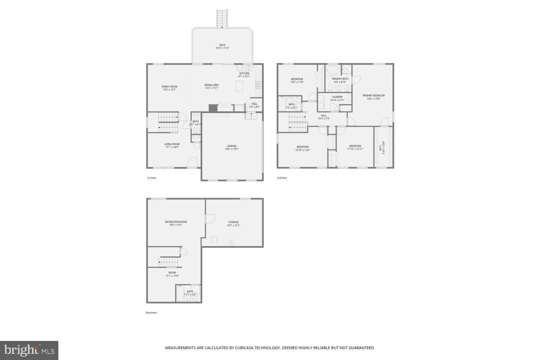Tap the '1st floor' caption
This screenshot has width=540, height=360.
[x=152, y=178]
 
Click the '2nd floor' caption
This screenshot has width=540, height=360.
[x=282, y=178]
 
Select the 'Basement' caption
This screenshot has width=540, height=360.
[x=151, y=312]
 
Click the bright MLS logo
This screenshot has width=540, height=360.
[x=29, y=350]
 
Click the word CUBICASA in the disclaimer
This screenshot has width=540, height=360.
[x=244, y=348]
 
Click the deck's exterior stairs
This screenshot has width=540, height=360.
[x=222, y=18]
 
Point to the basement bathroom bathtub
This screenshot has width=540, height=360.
[x=180, y=293]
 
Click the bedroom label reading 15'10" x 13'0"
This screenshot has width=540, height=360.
[x=302, y=148]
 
